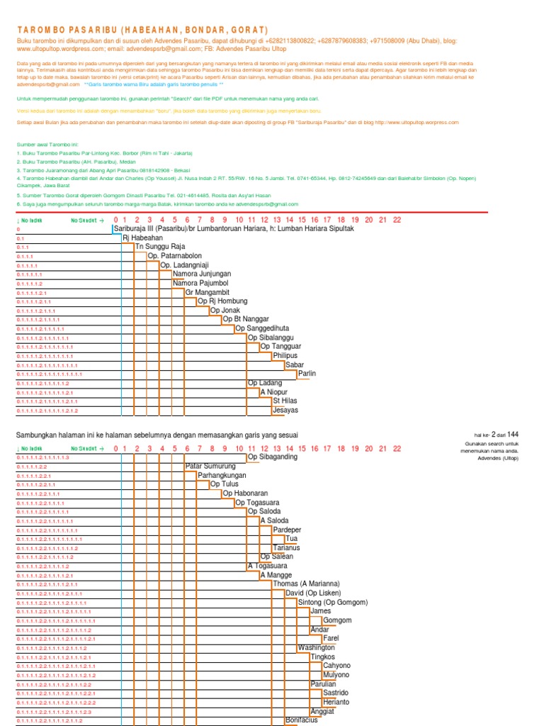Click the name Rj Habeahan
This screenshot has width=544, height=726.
142,238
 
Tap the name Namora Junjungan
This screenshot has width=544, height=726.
202,274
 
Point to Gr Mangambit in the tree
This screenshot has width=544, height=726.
208,292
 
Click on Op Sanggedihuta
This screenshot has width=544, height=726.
262,328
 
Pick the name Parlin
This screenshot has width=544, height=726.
307,374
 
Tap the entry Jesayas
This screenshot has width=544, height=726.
285,410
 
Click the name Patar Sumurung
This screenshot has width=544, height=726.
210,466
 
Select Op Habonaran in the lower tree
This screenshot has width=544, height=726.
245,493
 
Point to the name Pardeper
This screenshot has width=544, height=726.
287,530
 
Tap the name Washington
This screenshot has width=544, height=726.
316,647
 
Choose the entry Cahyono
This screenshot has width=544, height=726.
336,666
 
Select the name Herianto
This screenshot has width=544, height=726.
336,702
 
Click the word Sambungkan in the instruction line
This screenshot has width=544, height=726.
36,434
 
